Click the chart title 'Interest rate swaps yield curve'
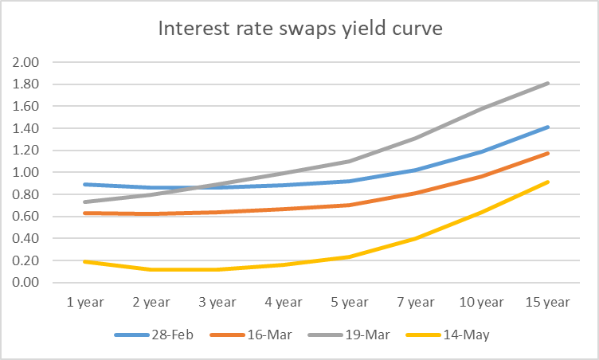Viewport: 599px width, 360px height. [299, 29]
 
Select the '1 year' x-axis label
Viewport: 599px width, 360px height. [84, 303]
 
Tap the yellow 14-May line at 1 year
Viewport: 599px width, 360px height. [84, 261]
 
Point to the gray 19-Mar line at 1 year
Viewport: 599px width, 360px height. [84, 202]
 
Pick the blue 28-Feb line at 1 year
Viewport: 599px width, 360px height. [84, 184]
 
